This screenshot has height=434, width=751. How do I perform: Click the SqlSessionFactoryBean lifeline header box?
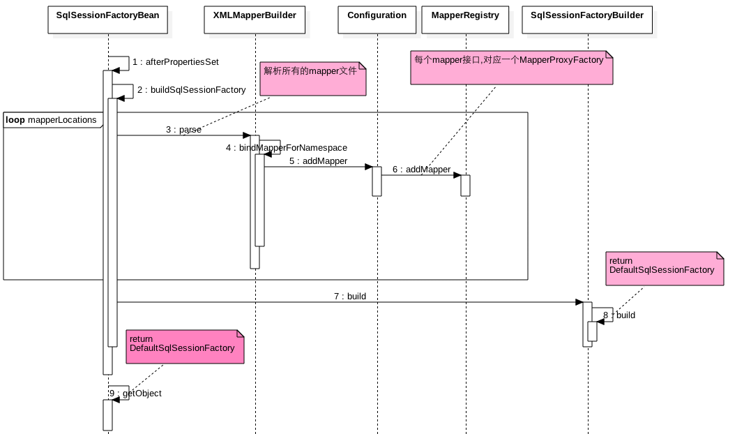click(108, 20)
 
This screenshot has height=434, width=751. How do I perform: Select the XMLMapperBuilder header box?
click(255, 20)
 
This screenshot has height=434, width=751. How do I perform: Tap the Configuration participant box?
click(377, 20)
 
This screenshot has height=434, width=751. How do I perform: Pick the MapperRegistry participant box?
click(465, 20)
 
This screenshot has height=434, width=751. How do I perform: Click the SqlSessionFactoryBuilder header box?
click(587, 20)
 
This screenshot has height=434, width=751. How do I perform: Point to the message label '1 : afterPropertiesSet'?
click(176, 62)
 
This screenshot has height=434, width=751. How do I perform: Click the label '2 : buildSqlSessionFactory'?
click(192, 89)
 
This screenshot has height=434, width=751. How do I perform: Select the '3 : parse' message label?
click(183, 129)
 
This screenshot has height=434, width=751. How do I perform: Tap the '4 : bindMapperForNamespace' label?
click(287, 147)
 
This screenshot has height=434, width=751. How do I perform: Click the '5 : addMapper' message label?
click(319, 161)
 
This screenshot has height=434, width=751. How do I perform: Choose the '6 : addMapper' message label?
click(421, 169)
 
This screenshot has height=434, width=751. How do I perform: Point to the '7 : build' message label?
click(350, 296)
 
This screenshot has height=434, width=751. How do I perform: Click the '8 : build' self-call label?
click(619, 315)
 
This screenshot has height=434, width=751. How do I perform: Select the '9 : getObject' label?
click(135, 393)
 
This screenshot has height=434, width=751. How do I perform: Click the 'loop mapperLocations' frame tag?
click(53, 120)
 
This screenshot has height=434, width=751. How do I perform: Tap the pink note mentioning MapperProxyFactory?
click(512, 68)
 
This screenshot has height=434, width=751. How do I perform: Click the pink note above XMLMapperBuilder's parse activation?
click(313, 79)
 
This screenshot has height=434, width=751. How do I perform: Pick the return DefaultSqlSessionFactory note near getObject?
click(185, 347)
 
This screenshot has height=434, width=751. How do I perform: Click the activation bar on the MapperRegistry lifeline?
click(466, 186)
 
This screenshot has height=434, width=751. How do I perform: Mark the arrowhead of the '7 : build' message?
click(579, 302)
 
